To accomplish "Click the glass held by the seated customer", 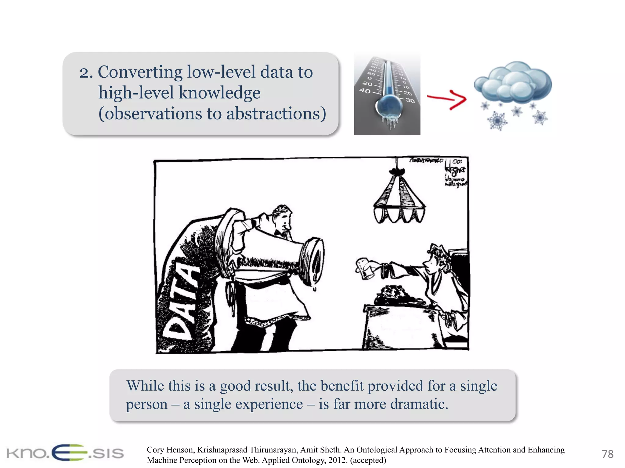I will tap(364, 268).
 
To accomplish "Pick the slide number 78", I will tap(607, 454).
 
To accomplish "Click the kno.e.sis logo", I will tap(65, 453).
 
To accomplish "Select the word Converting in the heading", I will tap(140, 72).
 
